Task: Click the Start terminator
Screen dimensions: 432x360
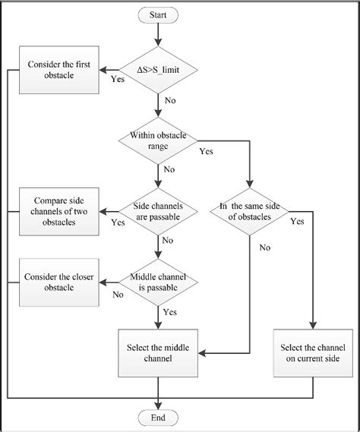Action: coord(157,14)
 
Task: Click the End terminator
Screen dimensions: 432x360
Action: coord(157,418)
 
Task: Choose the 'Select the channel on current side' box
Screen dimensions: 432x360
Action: coord(312,353)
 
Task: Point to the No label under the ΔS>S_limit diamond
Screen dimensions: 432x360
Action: coord(171,99)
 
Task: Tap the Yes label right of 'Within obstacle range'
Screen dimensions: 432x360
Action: coord(206,151)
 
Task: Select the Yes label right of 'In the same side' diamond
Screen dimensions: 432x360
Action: coord(297,222)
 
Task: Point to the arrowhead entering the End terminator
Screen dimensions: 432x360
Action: coord(157,406)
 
